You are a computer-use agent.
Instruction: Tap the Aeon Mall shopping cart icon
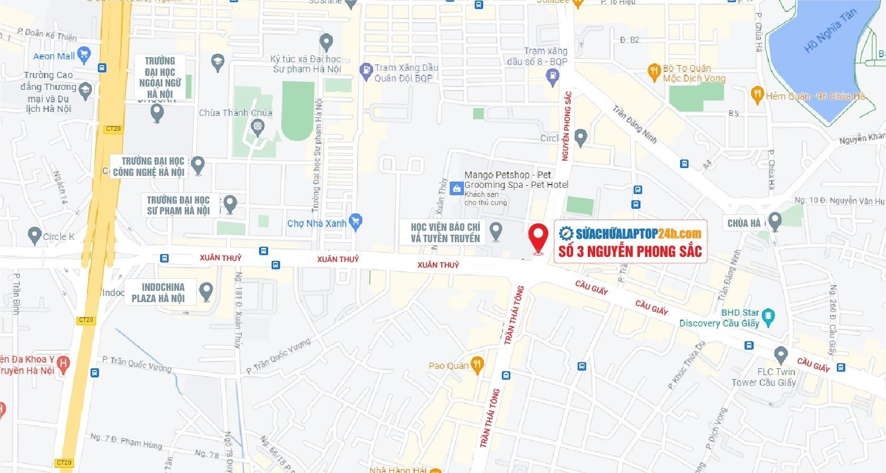[x=84, y=55]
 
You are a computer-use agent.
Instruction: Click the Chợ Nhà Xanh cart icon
[x=355, y=222]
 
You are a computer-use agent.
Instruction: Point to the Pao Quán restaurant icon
[x=478, y=365]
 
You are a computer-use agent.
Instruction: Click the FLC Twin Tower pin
[x=781, y=355]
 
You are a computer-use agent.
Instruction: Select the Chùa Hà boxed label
[x=744, y=223]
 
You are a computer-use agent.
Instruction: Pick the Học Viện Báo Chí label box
[x=446, y=233]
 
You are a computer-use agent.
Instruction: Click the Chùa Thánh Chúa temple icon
[x=258, y=126]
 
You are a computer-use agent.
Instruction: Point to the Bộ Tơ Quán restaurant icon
[x=654, y=70]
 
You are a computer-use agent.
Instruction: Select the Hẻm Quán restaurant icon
[x=756, y=94]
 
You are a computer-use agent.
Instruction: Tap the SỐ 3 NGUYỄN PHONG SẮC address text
[x=630, y=251]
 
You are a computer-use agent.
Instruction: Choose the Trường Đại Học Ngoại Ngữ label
[x=160, y=78]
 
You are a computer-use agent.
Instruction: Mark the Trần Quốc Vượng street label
[x=279, y=356]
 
